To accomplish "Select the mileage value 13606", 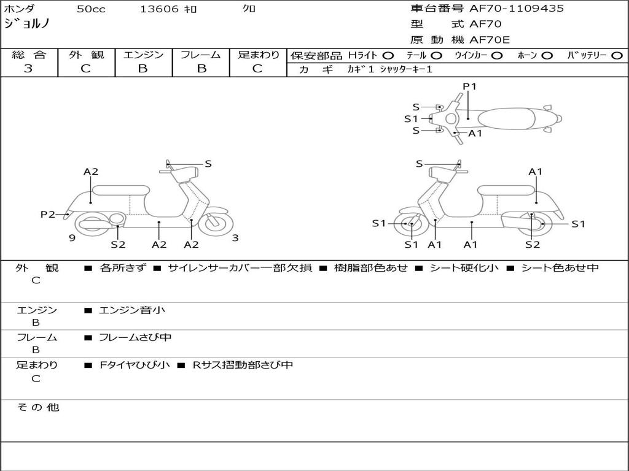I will (159, 9).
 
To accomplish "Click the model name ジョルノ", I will (27, 25).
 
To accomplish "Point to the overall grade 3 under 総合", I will (28, 69).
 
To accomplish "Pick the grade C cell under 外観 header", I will (86, 69).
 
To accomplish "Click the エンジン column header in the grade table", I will (143, 55).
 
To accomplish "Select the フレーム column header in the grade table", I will (200, 55).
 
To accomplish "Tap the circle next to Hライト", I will (388, 55).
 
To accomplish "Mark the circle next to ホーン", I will (547, 55).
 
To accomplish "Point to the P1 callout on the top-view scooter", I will (469, 86).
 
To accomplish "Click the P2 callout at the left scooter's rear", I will (48, 214).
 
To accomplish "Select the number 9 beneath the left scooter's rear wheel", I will (72, 238).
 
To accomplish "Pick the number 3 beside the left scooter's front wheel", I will (235, 238).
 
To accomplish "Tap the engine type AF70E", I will (490, 40).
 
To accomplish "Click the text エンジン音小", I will (132, 310).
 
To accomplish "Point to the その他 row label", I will (37, 407).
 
